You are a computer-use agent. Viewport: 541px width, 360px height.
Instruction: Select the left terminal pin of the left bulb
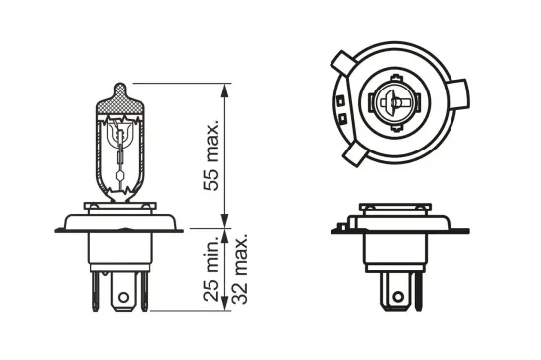click(x=99, y=291)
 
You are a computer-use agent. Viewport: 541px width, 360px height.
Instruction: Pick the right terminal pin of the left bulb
click(x=144, y=291)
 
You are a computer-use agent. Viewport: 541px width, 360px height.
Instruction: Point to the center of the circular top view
click(x=393, y=104)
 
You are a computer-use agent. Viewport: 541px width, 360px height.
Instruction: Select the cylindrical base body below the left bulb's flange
click(x=121, y=250)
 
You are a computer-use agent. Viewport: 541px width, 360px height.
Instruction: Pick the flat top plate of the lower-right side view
click(x=398, y=208)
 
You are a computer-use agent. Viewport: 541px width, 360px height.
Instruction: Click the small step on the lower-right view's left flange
click(x=340, y=227)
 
